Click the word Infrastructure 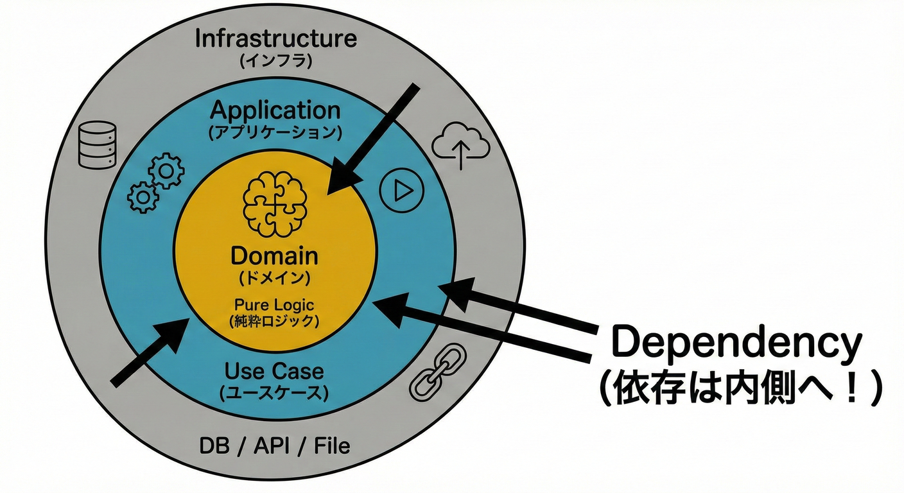(275, 38)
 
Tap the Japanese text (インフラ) (275, 62)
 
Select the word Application (275, 110)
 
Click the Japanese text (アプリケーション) (275, 133)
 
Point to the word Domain (274, 256)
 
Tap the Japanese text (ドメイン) (274, 279)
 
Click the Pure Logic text (274, 305)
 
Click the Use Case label (274, 371)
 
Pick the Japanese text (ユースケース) (274, 394)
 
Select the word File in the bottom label (332, 445)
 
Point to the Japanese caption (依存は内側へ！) (738, 390)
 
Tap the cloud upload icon (460, 146)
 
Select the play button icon (401, 190)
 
